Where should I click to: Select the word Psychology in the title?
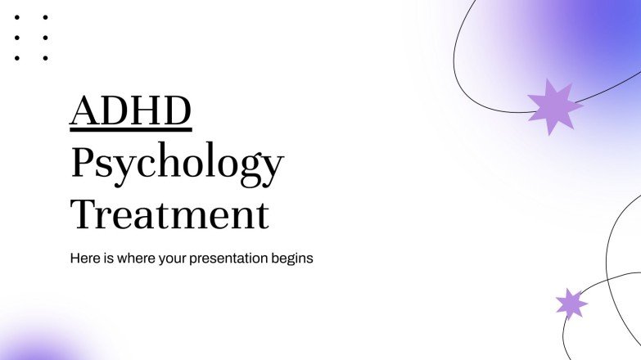point(176,164)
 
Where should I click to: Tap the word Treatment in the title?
point(169,214)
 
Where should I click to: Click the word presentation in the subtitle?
point(232,259)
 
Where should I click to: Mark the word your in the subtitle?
point(176,259)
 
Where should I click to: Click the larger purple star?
point(554,106)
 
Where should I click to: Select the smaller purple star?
point(571,304)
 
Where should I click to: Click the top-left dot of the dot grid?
point(16,17)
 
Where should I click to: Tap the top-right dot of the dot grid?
point(45,17)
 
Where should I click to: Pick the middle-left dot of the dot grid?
point(16,38)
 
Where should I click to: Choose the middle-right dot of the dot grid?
point(45,38)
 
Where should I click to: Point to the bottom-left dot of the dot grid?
point(16,58)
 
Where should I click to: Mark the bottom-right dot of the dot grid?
point(45,58)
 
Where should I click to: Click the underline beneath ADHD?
point(130,129)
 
